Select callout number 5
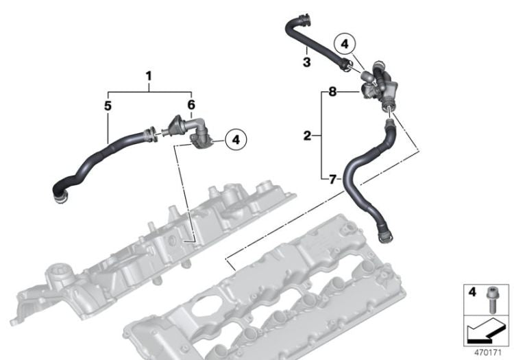tap(108, 106)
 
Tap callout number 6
tap(191, 106)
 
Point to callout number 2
tap(307, 135)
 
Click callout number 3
tap(307, 62)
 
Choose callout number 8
tap(332, 90)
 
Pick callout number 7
tap(332, 179)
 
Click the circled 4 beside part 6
tap(236, 140)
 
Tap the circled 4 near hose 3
tap(345, 45)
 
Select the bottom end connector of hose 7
tap(384, 237)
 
